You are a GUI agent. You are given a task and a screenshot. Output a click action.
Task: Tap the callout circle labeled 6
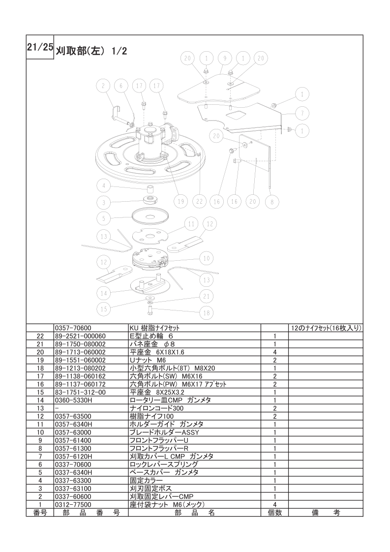coord(120,86)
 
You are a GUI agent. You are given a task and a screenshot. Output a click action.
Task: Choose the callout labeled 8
coord(271,201)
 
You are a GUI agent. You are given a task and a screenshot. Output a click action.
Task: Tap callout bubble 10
coord(207,258)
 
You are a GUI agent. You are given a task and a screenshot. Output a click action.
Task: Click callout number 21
coord(207,296)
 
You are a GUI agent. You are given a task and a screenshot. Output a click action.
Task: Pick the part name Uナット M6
coord(145,360)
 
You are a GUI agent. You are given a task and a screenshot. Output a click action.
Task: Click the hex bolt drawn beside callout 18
coord(150,310)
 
